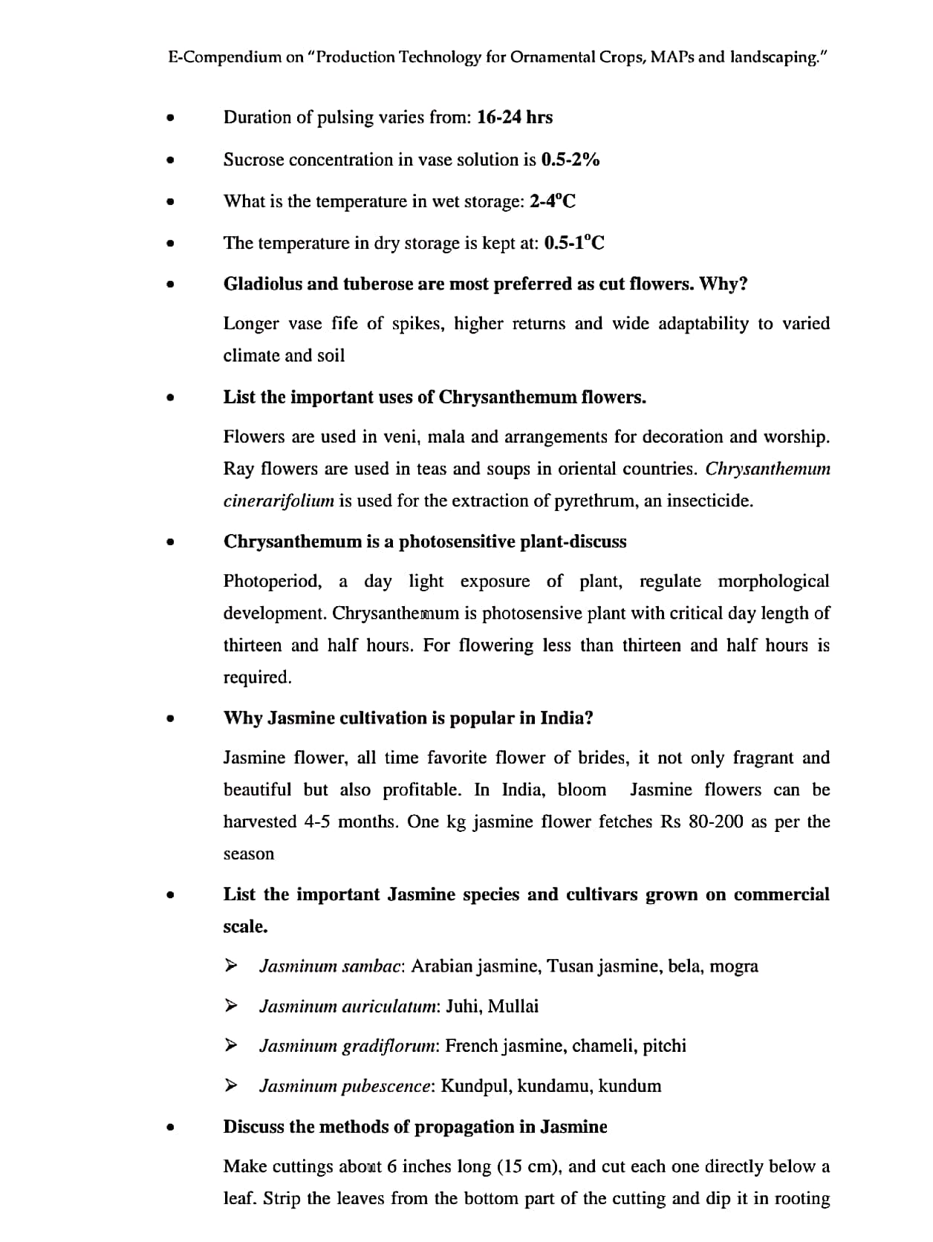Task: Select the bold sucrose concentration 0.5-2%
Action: coord(570,160)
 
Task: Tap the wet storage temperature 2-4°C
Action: coord(553,201)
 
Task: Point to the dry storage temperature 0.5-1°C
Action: coord(574,243)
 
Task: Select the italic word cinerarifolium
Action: coord(279,501)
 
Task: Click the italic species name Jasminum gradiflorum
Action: coord(348,1046)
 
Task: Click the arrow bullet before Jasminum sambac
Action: coord(232,966)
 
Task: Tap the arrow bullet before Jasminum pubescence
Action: coord(232,1085)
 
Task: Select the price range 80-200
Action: coord(715,822)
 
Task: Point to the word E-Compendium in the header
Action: coord(224,57)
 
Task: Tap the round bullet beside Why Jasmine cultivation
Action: coord(171,718)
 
